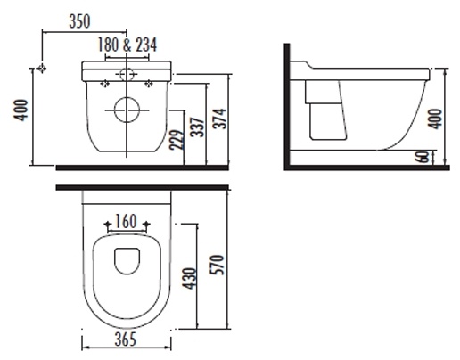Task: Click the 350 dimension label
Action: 79,21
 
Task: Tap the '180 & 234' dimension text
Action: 127,45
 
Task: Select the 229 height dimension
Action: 177,139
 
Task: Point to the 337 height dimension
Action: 198,127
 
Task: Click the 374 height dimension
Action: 219,119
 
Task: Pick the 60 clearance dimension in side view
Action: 423,157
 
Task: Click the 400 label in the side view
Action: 435,119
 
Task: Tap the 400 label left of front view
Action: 21,110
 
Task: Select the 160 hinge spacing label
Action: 126,221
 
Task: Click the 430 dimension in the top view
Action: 190,278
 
